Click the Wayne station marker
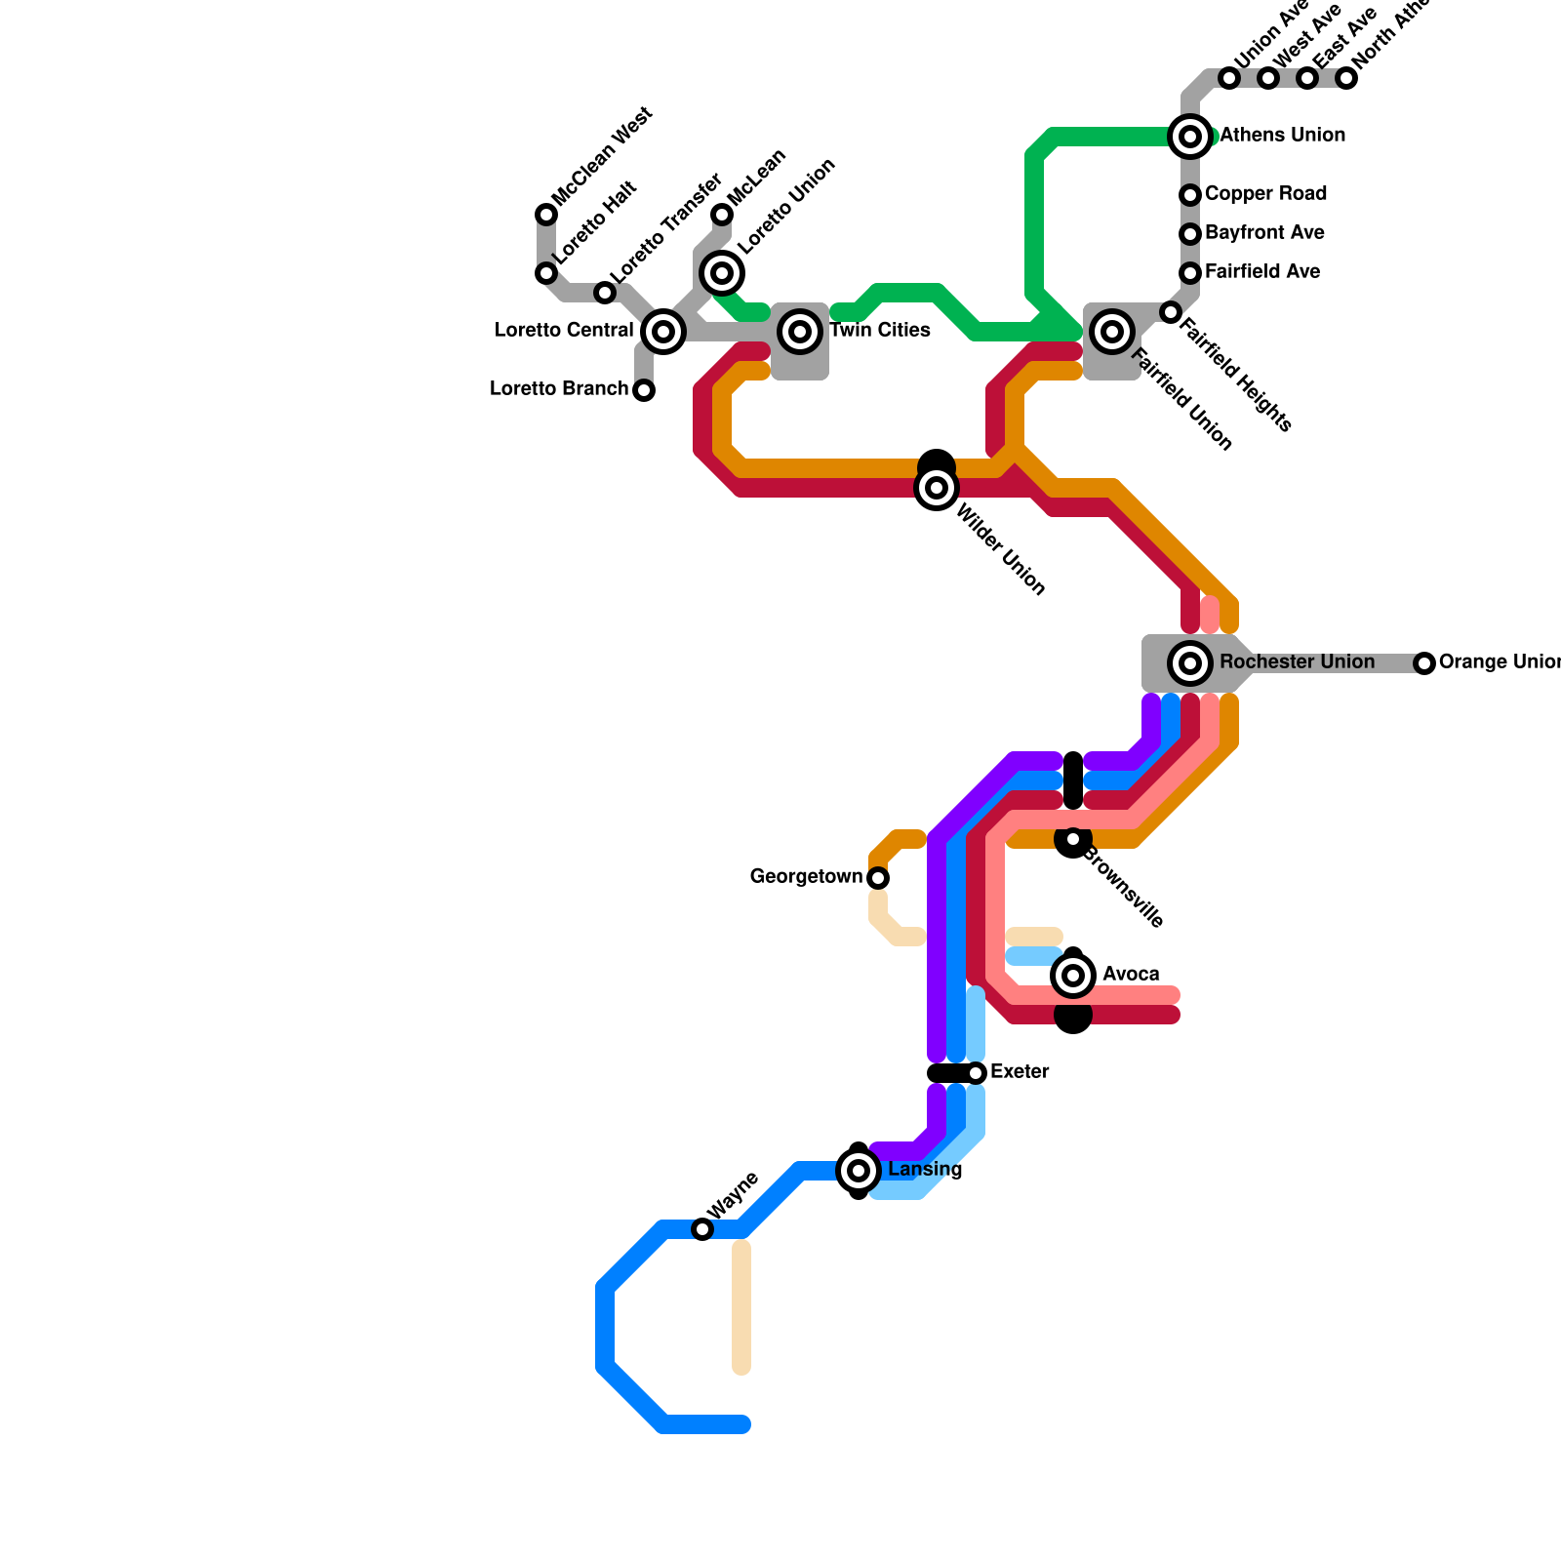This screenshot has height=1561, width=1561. (702, 1229)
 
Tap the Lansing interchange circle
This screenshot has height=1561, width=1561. (859, 1171)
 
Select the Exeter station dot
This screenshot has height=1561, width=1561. (976, 1073)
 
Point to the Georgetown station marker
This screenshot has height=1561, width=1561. (878, 878)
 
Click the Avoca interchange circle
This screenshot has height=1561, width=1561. (1073, 976)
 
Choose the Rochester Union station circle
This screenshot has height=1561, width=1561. (1190, 663)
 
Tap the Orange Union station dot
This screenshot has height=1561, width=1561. (1424, 663)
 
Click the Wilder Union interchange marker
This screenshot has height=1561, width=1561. (937, 488)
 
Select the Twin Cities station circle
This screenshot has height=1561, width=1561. (800, 332)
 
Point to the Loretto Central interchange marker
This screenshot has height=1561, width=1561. (663, 332)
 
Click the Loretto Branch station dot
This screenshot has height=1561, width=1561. (644, 390)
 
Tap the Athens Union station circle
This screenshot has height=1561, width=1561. (1190, 137)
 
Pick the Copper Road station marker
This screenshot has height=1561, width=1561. (1190, 195)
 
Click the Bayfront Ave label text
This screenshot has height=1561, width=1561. (1264, 233)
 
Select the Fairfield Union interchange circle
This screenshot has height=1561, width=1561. (1112, 332)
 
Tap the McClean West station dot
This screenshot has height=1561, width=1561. (546, 215)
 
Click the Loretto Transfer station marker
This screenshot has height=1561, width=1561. (605, 293)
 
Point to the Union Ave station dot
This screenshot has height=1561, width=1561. (1229, 78)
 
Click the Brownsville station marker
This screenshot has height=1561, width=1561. (1073, 839)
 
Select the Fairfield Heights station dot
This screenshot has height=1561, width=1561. (1171, 312)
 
